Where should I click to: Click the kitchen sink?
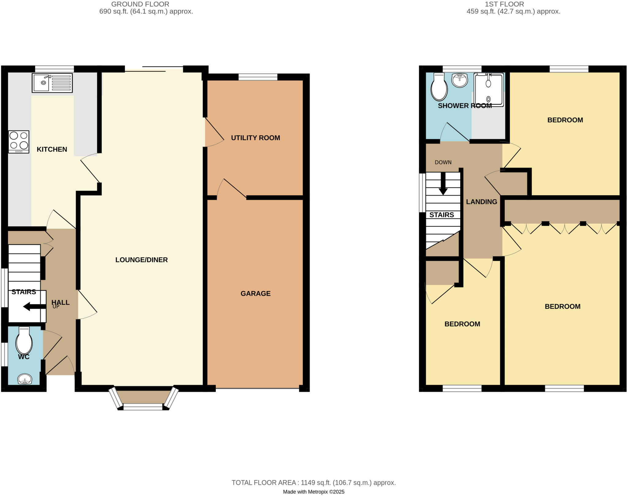(52, 83)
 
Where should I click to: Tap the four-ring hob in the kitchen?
(19, 142)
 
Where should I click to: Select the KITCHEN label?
(52, 149)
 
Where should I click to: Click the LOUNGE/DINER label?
(141, 260)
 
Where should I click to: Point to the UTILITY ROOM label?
(255, 138)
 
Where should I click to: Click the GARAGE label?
(255, 293)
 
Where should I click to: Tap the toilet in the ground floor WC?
(24, 340)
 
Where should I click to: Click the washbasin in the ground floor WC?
(25, 379)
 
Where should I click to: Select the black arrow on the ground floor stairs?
(34, 306)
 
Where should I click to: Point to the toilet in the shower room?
(439, 87)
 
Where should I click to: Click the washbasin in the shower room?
(460, 80)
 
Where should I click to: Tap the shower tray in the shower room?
(488, 90)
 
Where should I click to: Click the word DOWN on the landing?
(443, 162)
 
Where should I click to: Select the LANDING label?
(482, 202)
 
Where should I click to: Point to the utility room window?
(258, 77)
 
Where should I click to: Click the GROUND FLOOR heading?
(140, 4)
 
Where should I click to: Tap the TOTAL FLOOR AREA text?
(313, 483)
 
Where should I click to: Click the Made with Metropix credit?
(313, 492)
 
